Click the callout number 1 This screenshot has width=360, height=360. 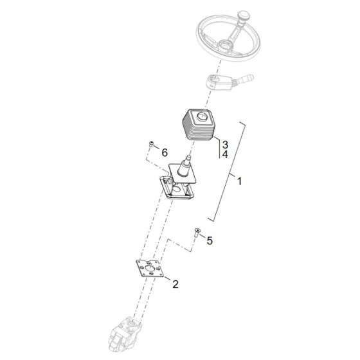239,181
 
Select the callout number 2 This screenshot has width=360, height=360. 175,284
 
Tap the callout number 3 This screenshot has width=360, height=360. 225,145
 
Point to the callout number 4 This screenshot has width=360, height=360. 225,154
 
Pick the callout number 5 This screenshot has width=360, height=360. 210,240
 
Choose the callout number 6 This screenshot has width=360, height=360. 165,153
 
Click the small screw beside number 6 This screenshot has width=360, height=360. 151,145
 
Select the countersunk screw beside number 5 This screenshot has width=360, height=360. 197,232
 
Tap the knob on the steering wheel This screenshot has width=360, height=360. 244,17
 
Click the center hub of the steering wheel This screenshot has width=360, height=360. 225,44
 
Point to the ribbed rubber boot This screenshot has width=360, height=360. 199,125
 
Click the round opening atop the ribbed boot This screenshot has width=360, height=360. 202,116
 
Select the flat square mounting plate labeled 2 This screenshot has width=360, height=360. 150,269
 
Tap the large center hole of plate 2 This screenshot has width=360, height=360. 150,269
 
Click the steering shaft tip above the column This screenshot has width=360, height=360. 188,157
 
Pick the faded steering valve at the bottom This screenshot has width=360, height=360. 125,336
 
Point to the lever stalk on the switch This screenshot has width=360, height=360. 245,78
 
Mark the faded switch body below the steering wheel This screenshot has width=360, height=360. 219,83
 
